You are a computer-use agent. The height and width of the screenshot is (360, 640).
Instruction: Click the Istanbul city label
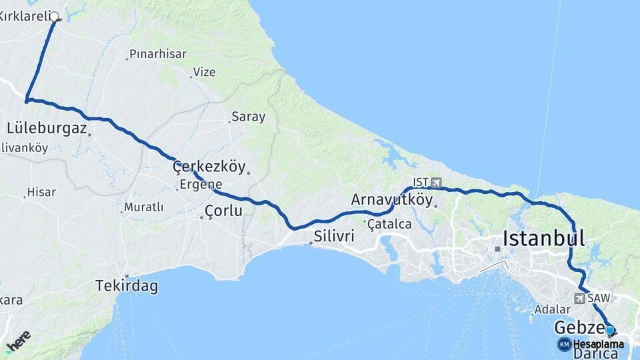543,238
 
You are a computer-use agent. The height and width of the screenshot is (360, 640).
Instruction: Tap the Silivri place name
334,237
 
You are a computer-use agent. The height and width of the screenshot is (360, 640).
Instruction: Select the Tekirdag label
127,286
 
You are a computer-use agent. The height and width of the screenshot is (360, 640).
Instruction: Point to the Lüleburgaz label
47,128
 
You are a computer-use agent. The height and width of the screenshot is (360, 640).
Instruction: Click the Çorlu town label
223,211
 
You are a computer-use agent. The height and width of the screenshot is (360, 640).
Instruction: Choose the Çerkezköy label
209,167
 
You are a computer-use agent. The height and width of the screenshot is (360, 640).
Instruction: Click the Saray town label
248,117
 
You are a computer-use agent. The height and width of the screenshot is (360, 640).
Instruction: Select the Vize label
204,72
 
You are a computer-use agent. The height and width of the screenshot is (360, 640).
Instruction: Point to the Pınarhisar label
158,55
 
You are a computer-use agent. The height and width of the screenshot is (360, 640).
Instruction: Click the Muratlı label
143,207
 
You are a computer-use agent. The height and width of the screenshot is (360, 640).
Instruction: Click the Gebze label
577,328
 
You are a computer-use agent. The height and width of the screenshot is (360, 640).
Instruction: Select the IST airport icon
437,182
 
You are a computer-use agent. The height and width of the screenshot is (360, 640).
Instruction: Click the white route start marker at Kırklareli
55,17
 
